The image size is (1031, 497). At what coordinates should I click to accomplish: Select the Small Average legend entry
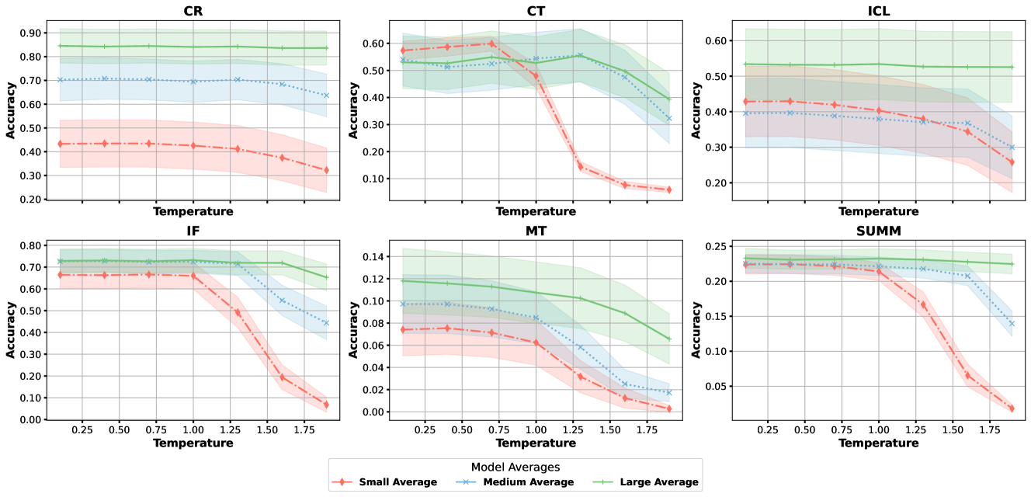coord(385,482)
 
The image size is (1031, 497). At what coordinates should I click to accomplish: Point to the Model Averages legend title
coord(515,466)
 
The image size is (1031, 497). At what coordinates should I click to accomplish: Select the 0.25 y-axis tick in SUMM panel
coord(717,246)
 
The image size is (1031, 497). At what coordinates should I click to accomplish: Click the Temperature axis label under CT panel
coord(536,211)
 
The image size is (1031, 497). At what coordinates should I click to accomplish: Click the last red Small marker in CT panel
coord(669,189)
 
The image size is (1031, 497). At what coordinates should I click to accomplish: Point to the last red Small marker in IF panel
coord(326,405)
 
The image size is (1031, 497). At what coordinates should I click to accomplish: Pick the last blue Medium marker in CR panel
coord(326,96)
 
